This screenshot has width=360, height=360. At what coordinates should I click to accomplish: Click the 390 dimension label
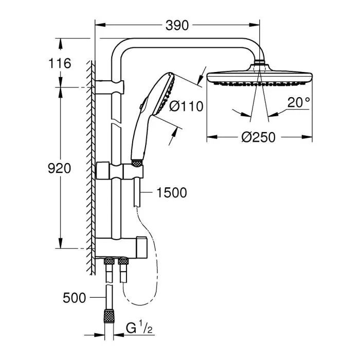point(176,25)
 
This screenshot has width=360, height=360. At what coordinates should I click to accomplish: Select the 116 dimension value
point(60,63)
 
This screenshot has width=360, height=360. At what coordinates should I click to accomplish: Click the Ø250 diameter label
point(259,137)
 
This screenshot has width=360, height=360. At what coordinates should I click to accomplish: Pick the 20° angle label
point(298,102)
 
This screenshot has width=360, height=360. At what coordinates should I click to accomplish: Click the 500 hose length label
point(74,297)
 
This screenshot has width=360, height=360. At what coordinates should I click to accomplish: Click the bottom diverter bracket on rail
point(121,247)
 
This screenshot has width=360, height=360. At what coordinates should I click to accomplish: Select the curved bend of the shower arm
point(121,49)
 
